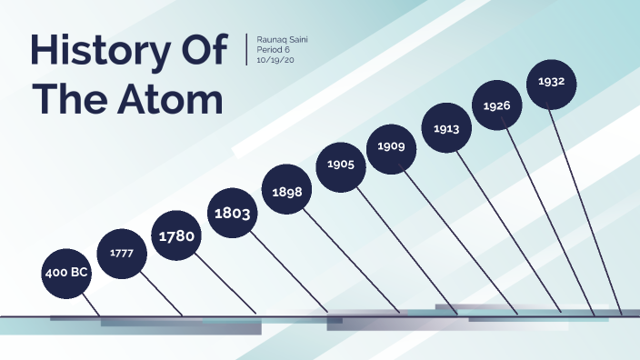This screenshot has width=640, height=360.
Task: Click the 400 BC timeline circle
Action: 66,272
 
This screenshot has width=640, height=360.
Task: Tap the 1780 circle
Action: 176,236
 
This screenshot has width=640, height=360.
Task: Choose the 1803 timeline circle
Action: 232,214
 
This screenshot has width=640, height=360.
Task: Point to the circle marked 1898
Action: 287,192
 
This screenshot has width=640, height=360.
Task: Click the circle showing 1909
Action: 392,146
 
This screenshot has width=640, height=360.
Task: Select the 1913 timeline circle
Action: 446,128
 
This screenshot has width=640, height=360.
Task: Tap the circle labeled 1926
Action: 496,106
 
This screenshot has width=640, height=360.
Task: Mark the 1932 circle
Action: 552,83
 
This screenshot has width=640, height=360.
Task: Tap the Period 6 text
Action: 277,51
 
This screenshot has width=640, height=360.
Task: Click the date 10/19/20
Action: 277,61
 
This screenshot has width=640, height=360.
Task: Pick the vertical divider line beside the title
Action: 246,49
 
